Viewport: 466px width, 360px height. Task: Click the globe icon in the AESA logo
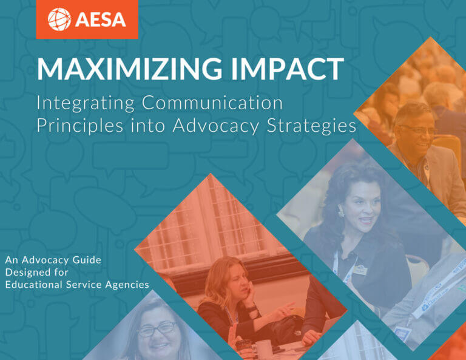[59, 19]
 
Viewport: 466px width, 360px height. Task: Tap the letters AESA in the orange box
[101, 19]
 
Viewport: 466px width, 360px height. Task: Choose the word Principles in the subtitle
[75, 125]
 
